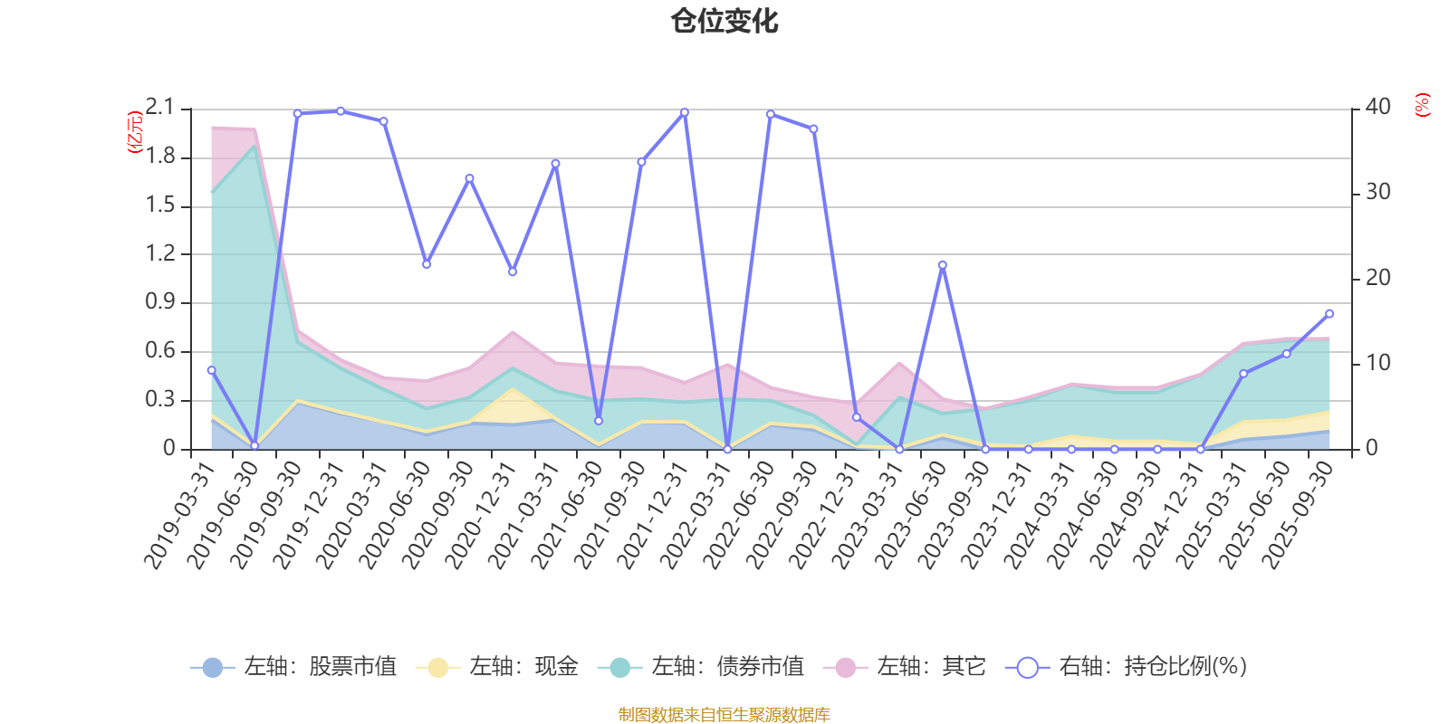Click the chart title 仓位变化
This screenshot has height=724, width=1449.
point(724,20)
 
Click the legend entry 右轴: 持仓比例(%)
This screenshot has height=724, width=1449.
point(1127,667)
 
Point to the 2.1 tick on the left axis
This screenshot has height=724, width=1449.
point(160,108)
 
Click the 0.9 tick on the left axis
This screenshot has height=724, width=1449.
point(160,302)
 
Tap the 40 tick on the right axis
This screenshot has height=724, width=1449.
point(1377,107)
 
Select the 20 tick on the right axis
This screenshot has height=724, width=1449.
point(1377,278)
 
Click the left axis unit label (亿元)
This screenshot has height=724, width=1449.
point(135,132)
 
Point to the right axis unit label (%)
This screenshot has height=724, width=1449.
point(1423,105)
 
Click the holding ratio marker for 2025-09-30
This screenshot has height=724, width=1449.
point(1329,314)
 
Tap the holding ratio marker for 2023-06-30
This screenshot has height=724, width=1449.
point(942,265)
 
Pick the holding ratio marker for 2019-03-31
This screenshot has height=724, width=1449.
point(211,370)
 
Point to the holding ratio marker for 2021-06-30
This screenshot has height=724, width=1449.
point(598,421)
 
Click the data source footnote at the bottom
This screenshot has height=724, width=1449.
point(724,715)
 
